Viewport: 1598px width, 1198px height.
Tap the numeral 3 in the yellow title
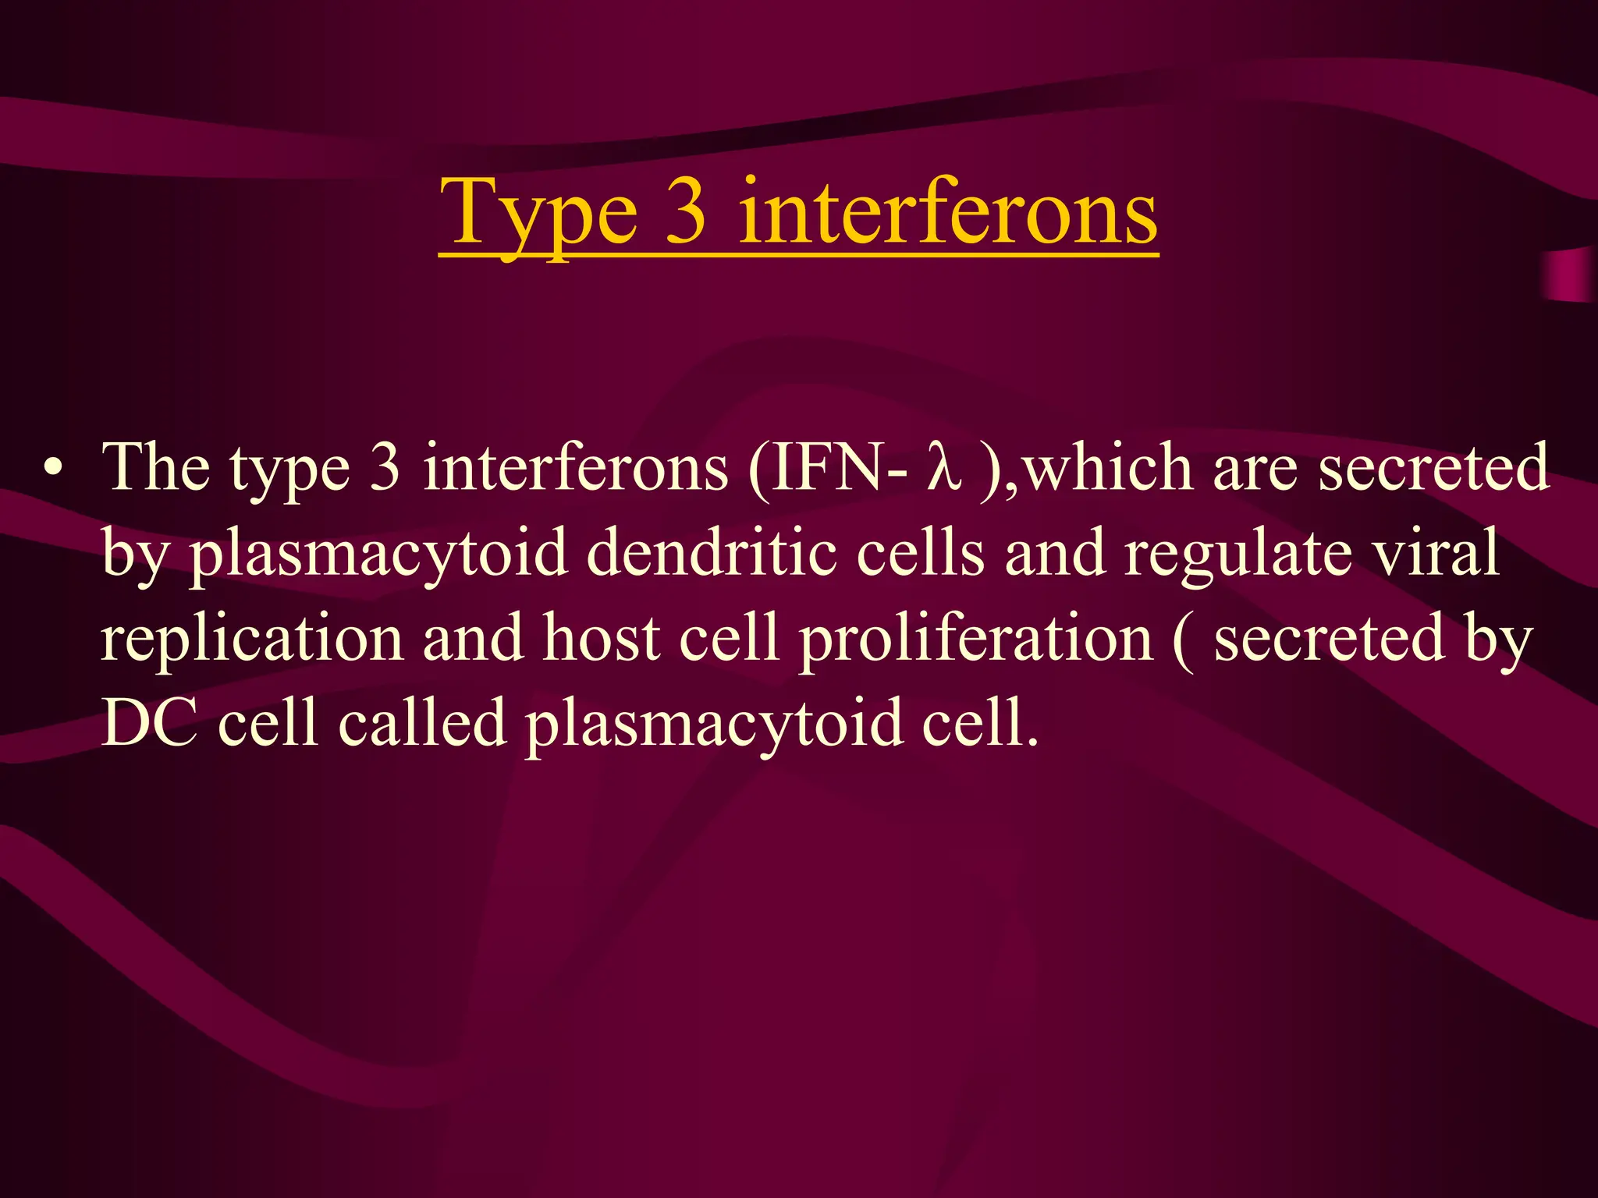click(686, 211)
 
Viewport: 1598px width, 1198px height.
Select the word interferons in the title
click(947, 211)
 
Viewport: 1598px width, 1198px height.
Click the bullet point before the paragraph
click(53, 469)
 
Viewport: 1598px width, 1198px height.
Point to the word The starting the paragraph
click(156, 468)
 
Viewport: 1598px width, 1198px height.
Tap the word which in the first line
click(1109, 468)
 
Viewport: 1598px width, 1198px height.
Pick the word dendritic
click(711, 553)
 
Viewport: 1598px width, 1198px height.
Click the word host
click(602, 639)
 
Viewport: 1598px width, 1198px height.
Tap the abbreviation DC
click(149, 723)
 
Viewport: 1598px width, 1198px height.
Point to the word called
click(422, 723)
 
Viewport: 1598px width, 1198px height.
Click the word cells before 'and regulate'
click(921, 553)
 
